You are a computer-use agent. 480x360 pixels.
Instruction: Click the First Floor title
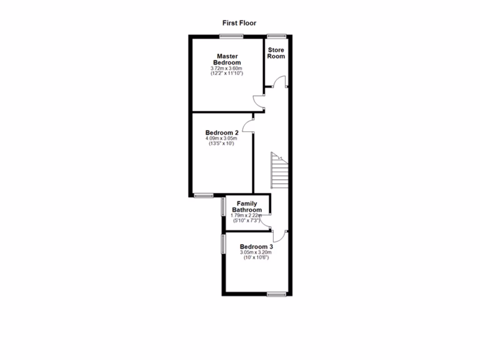click(x=239, y=22)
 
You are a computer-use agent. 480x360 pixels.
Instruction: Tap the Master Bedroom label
click(x=227, y=60)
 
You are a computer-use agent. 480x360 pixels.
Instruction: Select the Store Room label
click(x=276, y=53)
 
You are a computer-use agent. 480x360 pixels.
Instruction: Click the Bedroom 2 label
click(x=222, y=133)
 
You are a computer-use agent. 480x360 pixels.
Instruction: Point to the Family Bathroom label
click(x=247, y=207)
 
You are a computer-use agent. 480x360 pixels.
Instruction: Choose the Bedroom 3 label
click(x=256, y=247)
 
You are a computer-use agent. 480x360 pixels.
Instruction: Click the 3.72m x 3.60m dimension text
click(x=227, y=68)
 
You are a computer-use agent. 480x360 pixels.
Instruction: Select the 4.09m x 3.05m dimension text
click(x=222, y=139)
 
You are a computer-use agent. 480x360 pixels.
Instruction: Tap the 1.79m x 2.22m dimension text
click(x=247, y=215)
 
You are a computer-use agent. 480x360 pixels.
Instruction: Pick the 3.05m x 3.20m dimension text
click(x=256, y=253)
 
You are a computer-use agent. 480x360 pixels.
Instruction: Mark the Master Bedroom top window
click(x=230, y=36)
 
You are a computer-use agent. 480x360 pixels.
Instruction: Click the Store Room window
click(x=277, y=36)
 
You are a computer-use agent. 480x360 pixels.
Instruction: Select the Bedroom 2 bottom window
click(x=203, y=195)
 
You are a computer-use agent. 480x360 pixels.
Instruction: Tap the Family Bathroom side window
click(x=224, y=207)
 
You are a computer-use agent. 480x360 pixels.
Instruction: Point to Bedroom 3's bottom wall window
click(x=277, y=294)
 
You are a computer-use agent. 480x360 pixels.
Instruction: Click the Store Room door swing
click(x=280, y=81)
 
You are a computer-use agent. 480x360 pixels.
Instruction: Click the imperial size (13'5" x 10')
click(x=222, y=144)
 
